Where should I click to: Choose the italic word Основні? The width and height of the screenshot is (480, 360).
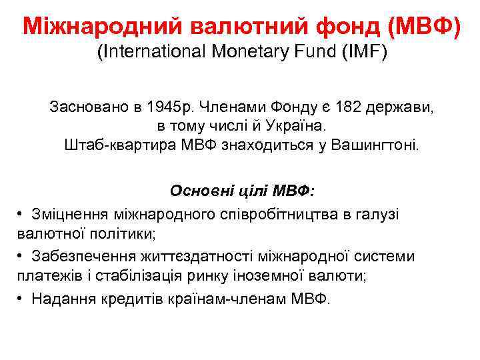(197, 192)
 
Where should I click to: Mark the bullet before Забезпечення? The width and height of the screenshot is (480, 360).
(21, 257)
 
